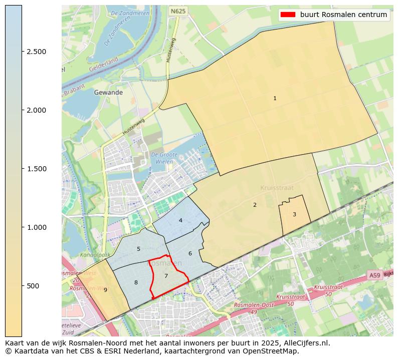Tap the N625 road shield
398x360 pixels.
pyautogui.click(x=177, y=11)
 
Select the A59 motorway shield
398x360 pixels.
pyautogui.click(x=374, y=275)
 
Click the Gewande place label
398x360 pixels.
pyautogui.click(x=108, y=93)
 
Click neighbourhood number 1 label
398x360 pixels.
pyautogui.click(x=275, y=99)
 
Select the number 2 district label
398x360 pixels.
pyautogui.click(x=255, y=205)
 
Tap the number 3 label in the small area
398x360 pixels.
pyautogui.click(x=294, y=214)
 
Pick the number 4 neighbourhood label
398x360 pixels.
pyautogui.click(x=180, y=220)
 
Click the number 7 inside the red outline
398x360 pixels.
pyautogui.click(x=166, y=276)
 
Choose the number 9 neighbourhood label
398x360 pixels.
pyautogui.click(x=105, y=290)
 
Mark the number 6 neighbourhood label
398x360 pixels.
pyautogui.click(x=190, y=253)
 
